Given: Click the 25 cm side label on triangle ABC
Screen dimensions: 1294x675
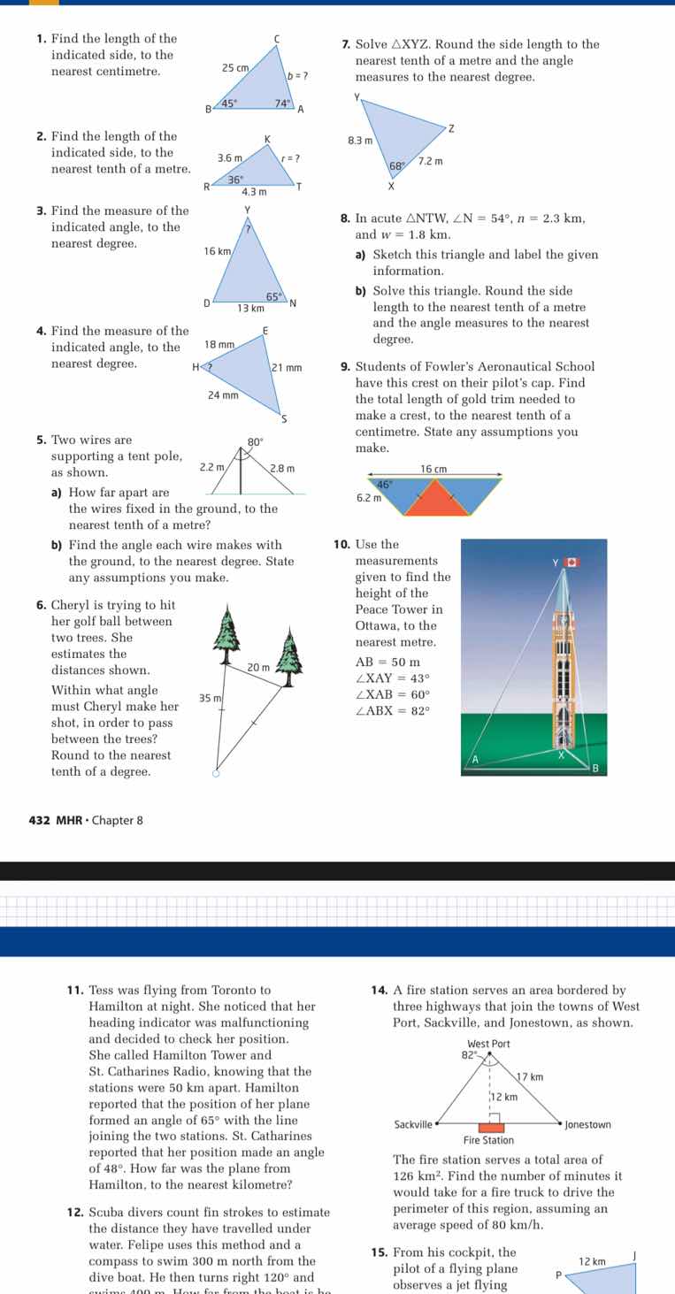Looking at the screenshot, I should [x=234, y=67].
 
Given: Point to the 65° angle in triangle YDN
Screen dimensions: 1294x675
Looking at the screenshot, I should [x=274, y=297].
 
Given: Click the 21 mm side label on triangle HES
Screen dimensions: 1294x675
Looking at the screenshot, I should [x=287, y=367].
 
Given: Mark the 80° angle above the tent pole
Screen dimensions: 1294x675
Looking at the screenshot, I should [x=256, y=440].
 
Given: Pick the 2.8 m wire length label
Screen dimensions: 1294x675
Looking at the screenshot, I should [x=282, y=467].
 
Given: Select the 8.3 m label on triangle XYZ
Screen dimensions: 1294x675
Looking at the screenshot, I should [x=360, y=140].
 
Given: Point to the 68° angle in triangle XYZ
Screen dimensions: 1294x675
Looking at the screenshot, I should [x=397, y=166].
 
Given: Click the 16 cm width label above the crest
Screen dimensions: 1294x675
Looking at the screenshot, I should [x=433, y=468].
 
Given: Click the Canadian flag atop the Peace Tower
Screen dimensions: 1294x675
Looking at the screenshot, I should [x=571, y=562].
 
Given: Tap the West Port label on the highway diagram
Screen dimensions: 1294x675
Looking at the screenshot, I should [x=486, y=1044].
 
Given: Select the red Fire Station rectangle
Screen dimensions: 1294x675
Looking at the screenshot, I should [x=491, y=1128].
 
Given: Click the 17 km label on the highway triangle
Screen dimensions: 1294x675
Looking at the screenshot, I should [x=529, y=1076].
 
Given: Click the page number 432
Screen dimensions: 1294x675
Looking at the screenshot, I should [x=39, y=820].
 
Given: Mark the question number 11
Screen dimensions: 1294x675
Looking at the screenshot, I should [x=75, y=991].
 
